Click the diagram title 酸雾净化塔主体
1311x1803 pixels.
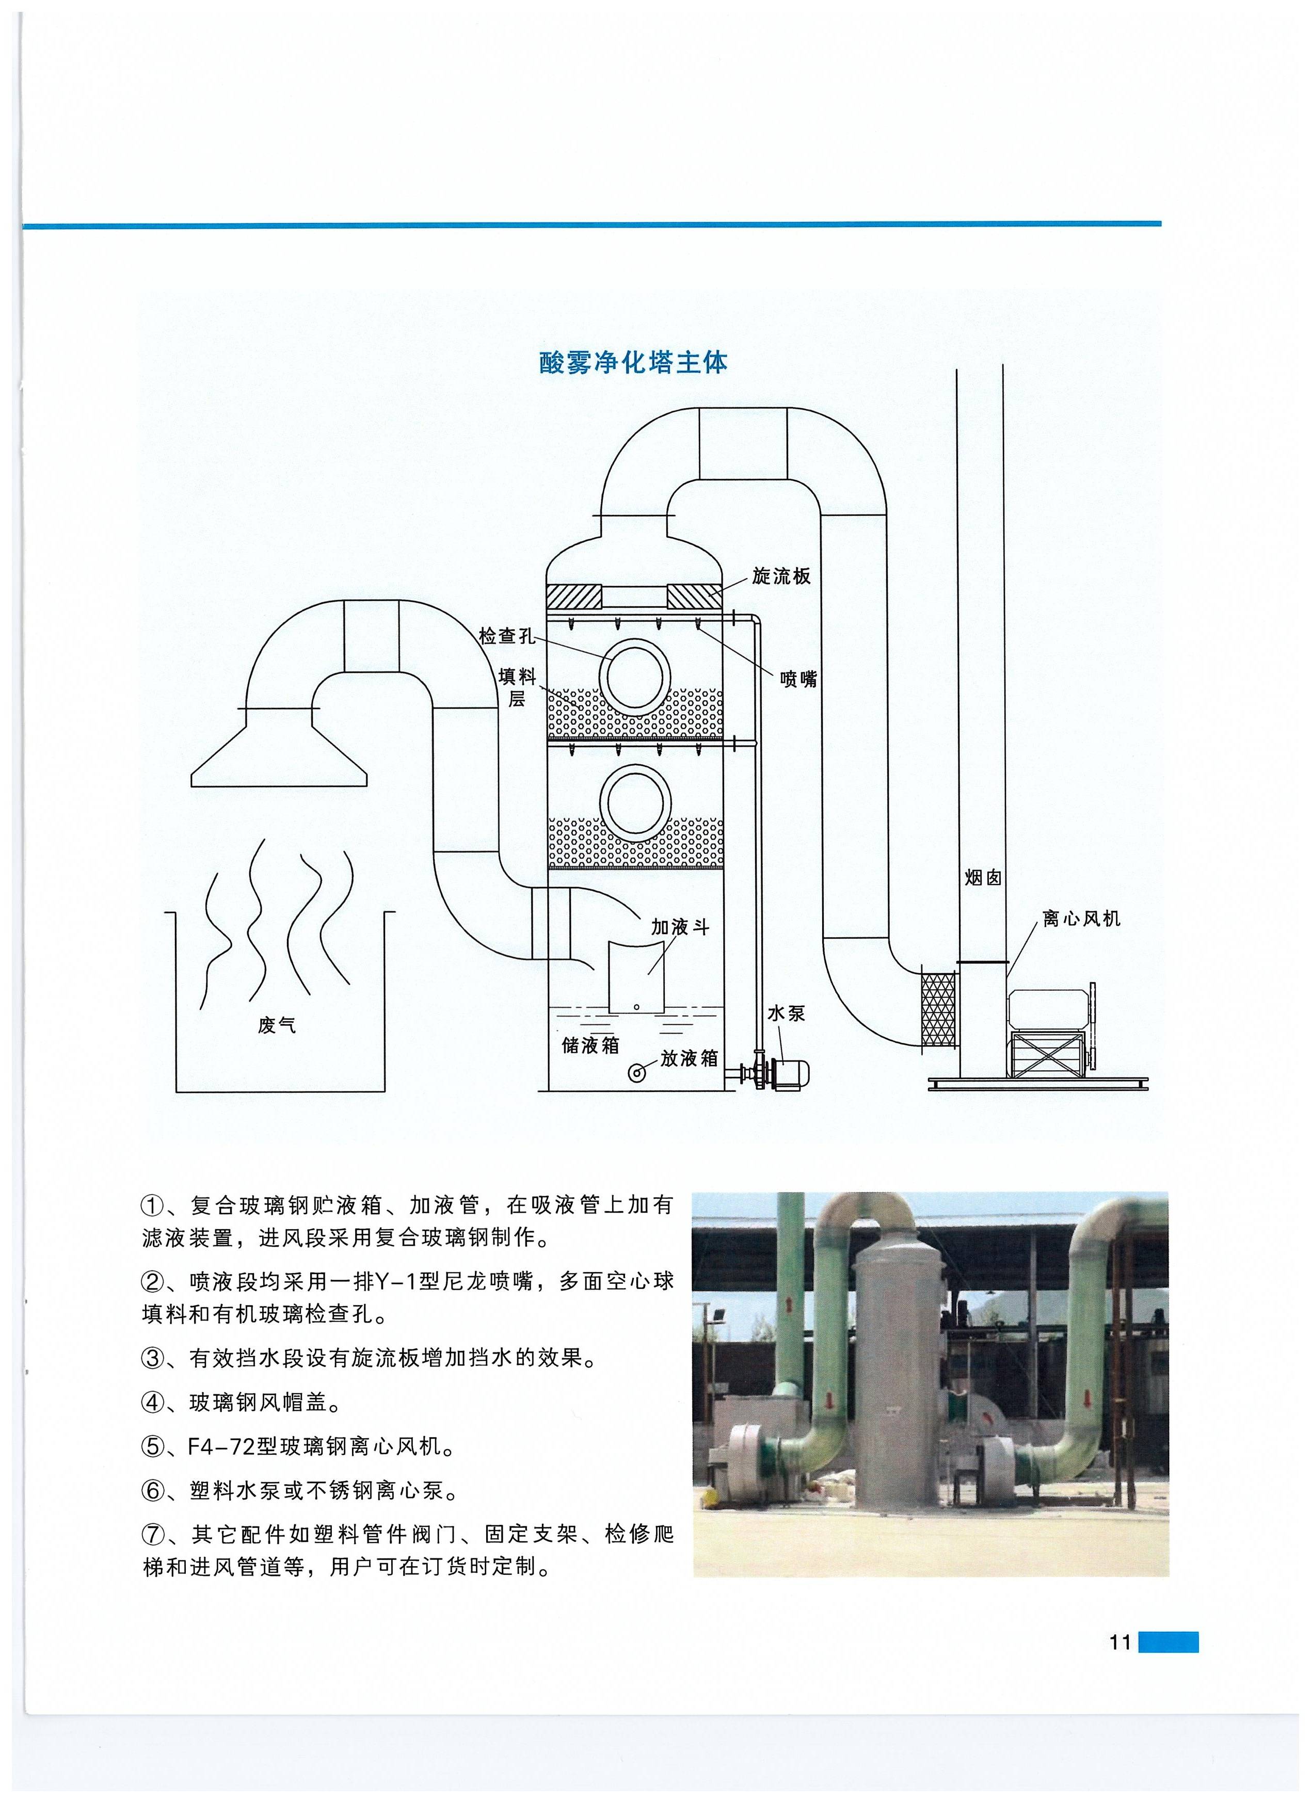(x=633, y=362)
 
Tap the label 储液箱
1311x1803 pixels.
(x=590, y=1044)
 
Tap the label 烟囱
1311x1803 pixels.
(x=983, y=878)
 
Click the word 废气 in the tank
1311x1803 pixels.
(x=277, y=1025)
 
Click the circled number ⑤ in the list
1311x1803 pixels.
(x=152, y=1446)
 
